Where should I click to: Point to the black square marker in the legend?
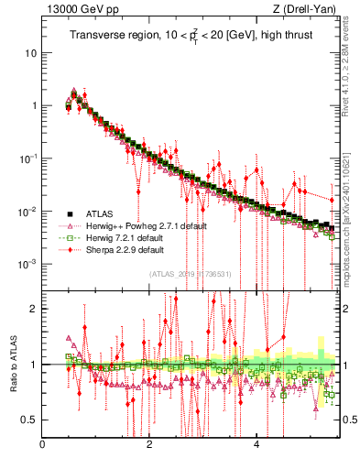tap(70, 213)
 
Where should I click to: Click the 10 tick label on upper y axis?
tap(31, 52)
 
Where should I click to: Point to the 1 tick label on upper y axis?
tap(34, 105)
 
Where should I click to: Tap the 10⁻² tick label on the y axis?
tap(28, 211)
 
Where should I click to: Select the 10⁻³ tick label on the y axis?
tap(28, 264)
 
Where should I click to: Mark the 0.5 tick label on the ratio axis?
tap(30, 420)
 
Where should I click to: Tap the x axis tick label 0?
tap(43, 446)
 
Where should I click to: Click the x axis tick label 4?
tap(256, 446)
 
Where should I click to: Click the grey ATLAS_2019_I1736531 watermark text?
tap(190, 274)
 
